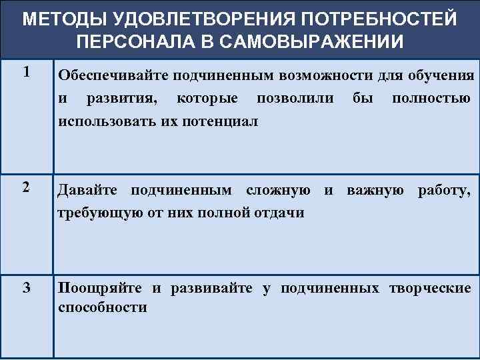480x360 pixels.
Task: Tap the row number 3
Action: click(26, 288)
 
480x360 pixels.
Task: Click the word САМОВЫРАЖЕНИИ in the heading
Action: click(309, 41)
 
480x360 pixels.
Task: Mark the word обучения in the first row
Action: click(442, 75)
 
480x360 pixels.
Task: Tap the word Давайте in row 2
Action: click(89, 191)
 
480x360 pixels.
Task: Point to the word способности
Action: click(102, 307)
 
